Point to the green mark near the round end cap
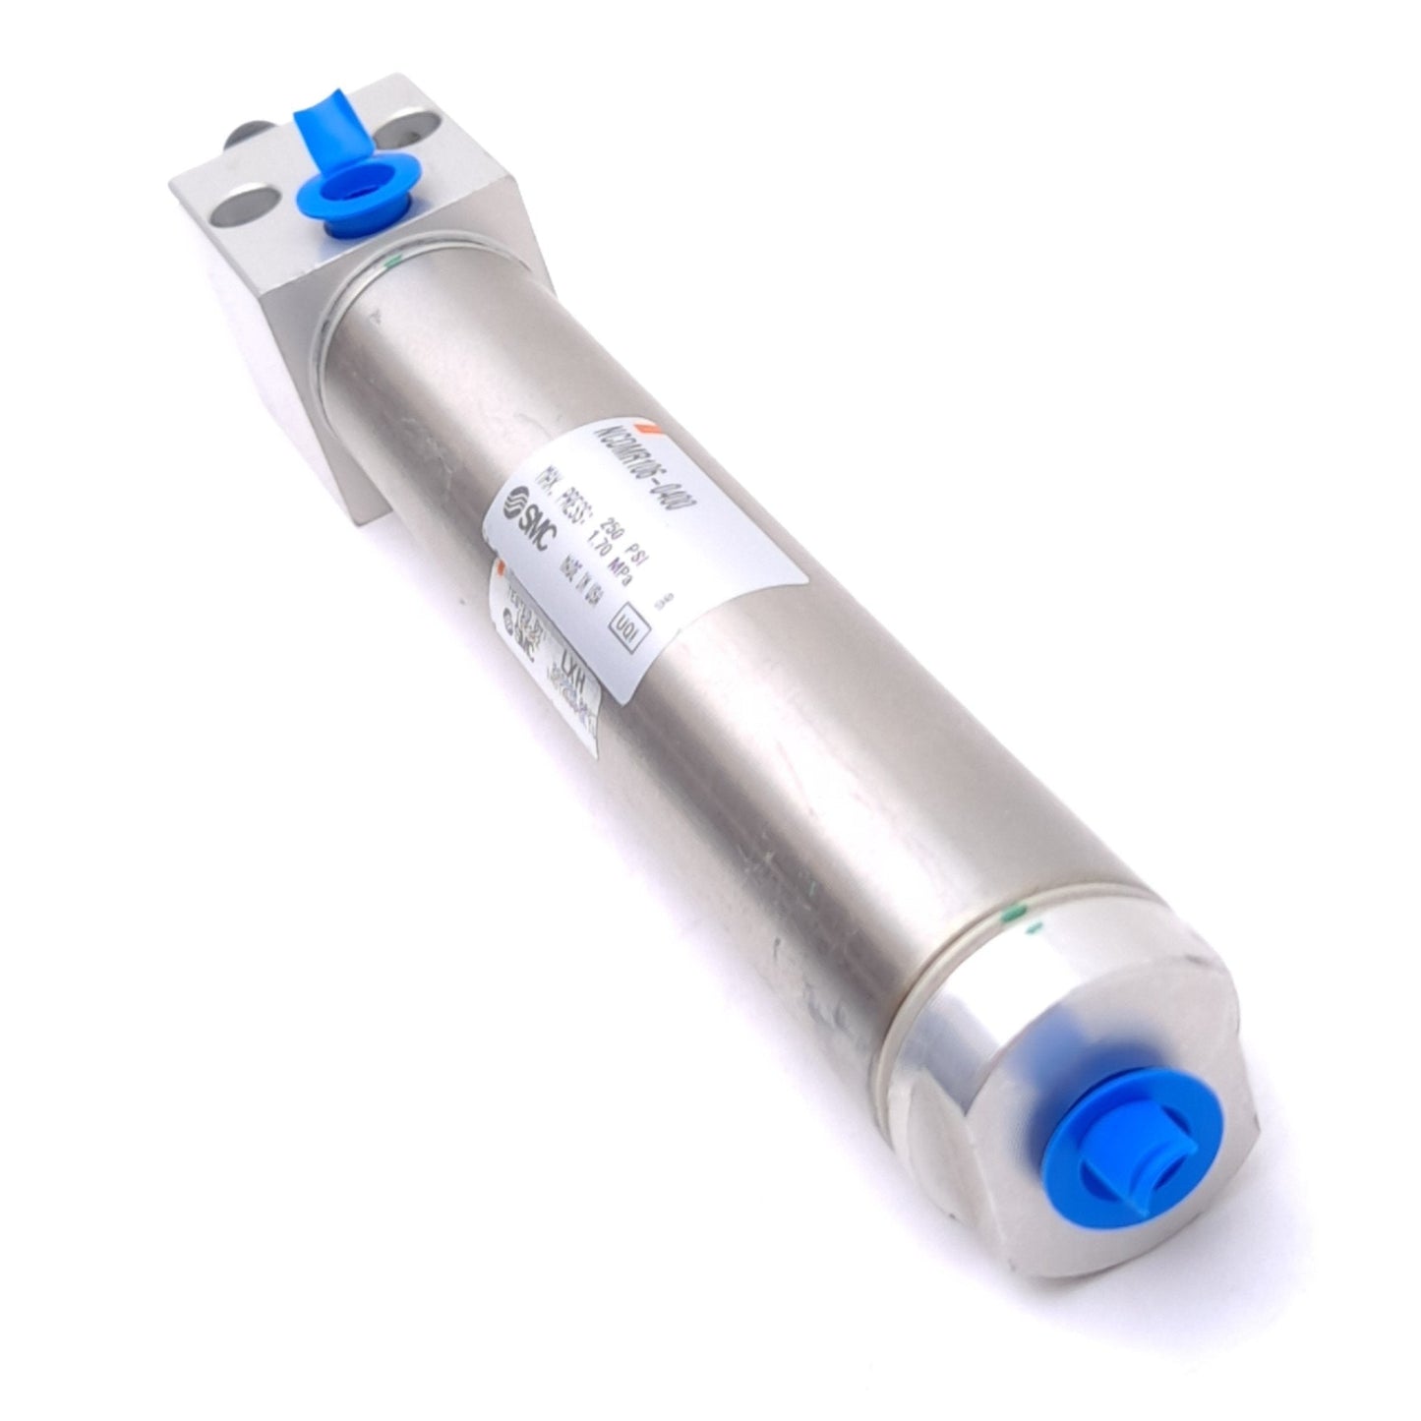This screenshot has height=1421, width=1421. coord(1028,919)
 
